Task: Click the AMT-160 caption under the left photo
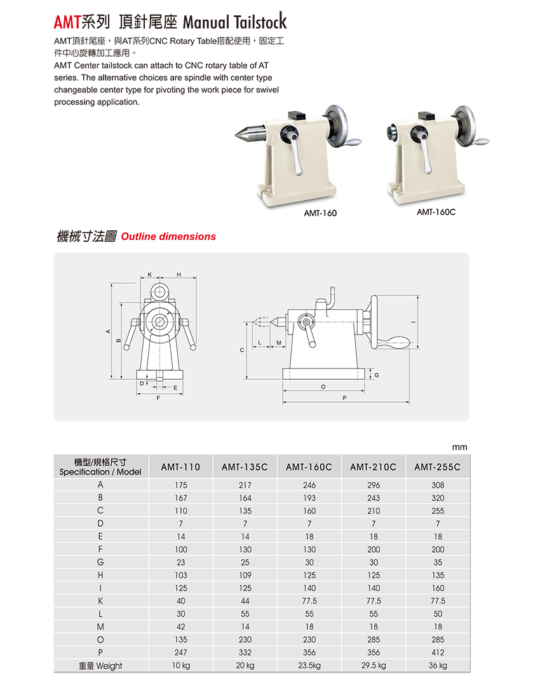click(x=320, y=213)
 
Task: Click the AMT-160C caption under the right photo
click(x=436, y=212)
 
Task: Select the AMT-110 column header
click(x=180, y=467)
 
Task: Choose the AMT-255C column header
click(x=437, y=467)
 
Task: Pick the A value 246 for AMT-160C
click(x=309, y=485)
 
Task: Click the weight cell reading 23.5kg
click(x=309, y=665)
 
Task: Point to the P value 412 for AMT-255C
click(x=437, y=652)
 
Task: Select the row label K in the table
click(x=100, y=601)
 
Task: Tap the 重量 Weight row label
click(x=100, y=665)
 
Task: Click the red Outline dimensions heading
click(x=168, y=237)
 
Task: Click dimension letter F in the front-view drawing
click(x=158, y=398)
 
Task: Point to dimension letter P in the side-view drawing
click(x=344, y=398)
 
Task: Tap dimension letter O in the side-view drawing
click(x=323, y=386)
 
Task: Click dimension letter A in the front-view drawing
click(x=108, y=332)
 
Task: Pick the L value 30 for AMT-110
click(x=180, y=614)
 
